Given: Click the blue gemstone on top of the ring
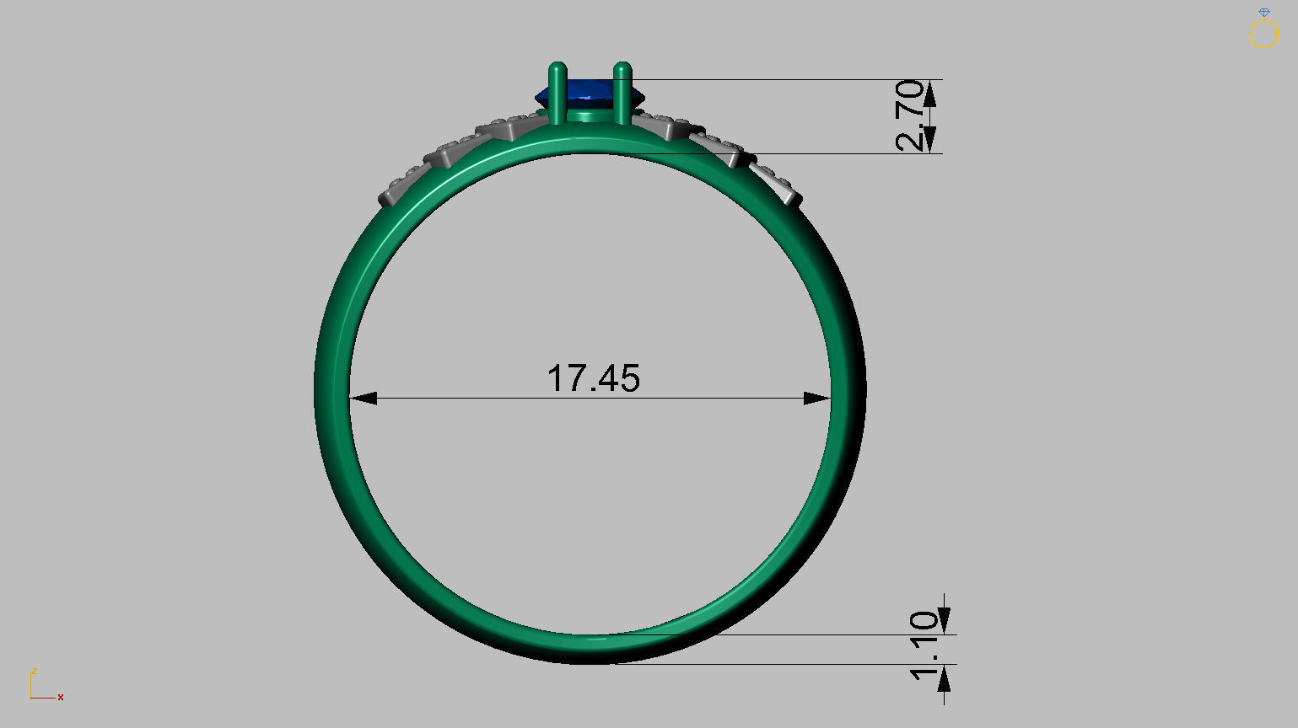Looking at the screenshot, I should [x=590, y=90].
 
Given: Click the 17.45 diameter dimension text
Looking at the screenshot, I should [x=594, y=378].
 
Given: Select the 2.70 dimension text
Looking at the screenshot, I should [x=911, y=115].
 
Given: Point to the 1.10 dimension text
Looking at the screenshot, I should [x=924, y=645].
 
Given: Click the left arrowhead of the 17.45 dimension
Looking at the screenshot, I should [x=364, y=398].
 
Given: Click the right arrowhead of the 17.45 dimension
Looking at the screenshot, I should [x=817, y=398].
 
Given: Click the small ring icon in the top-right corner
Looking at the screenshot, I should [x=1263, y=31].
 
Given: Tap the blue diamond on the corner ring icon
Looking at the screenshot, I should [x=1263, y=13].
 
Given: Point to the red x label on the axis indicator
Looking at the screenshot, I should [x=61, y=697].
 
